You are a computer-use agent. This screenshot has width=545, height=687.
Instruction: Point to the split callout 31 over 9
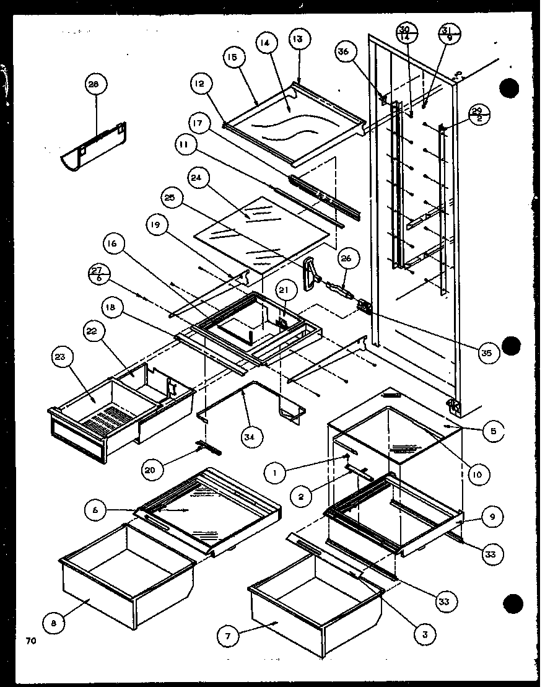click(x=447, y=32)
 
